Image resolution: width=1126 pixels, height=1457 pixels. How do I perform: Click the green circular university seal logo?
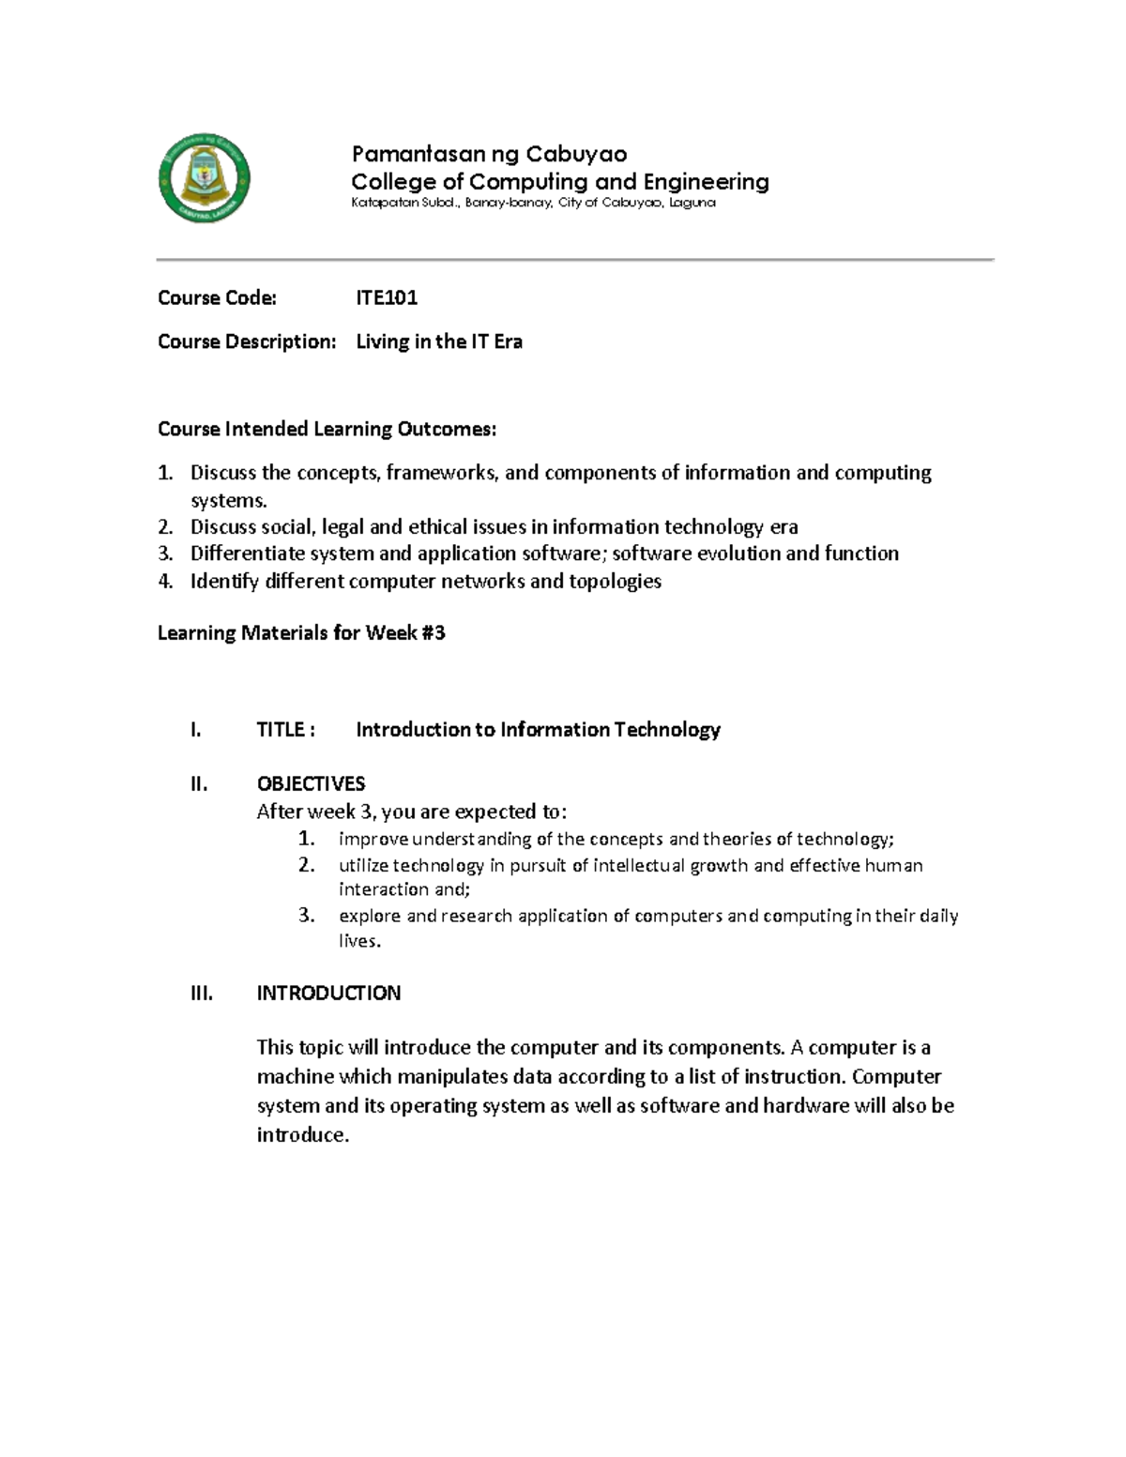click(204, 178)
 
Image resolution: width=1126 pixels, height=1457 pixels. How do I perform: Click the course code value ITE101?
click(387, 298)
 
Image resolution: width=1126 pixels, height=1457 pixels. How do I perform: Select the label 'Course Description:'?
click(246, 342)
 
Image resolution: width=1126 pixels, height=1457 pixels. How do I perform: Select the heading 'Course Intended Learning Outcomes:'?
click(327, 430)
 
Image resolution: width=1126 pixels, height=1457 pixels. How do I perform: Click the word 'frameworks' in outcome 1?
click(440, 473)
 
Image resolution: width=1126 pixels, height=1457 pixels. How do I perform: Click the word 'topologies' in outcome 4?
click(615, 582)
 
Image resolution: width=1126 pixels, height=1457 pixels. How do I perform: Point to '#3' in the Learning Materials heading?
click(433, 633)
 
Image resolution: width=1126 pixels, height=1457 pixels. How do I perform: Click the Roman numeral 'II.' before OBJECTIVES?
click(198, 784)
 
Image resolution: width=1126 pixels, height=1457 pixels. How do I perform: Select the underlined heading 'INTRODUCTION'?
click(328, 994)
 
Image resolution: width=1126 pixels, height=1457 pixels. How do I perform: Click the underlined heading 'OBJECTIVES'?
click(311, 784)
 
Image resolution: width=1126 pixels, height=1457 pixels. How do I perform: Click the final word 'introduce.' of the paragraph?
click(302, 1135)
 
